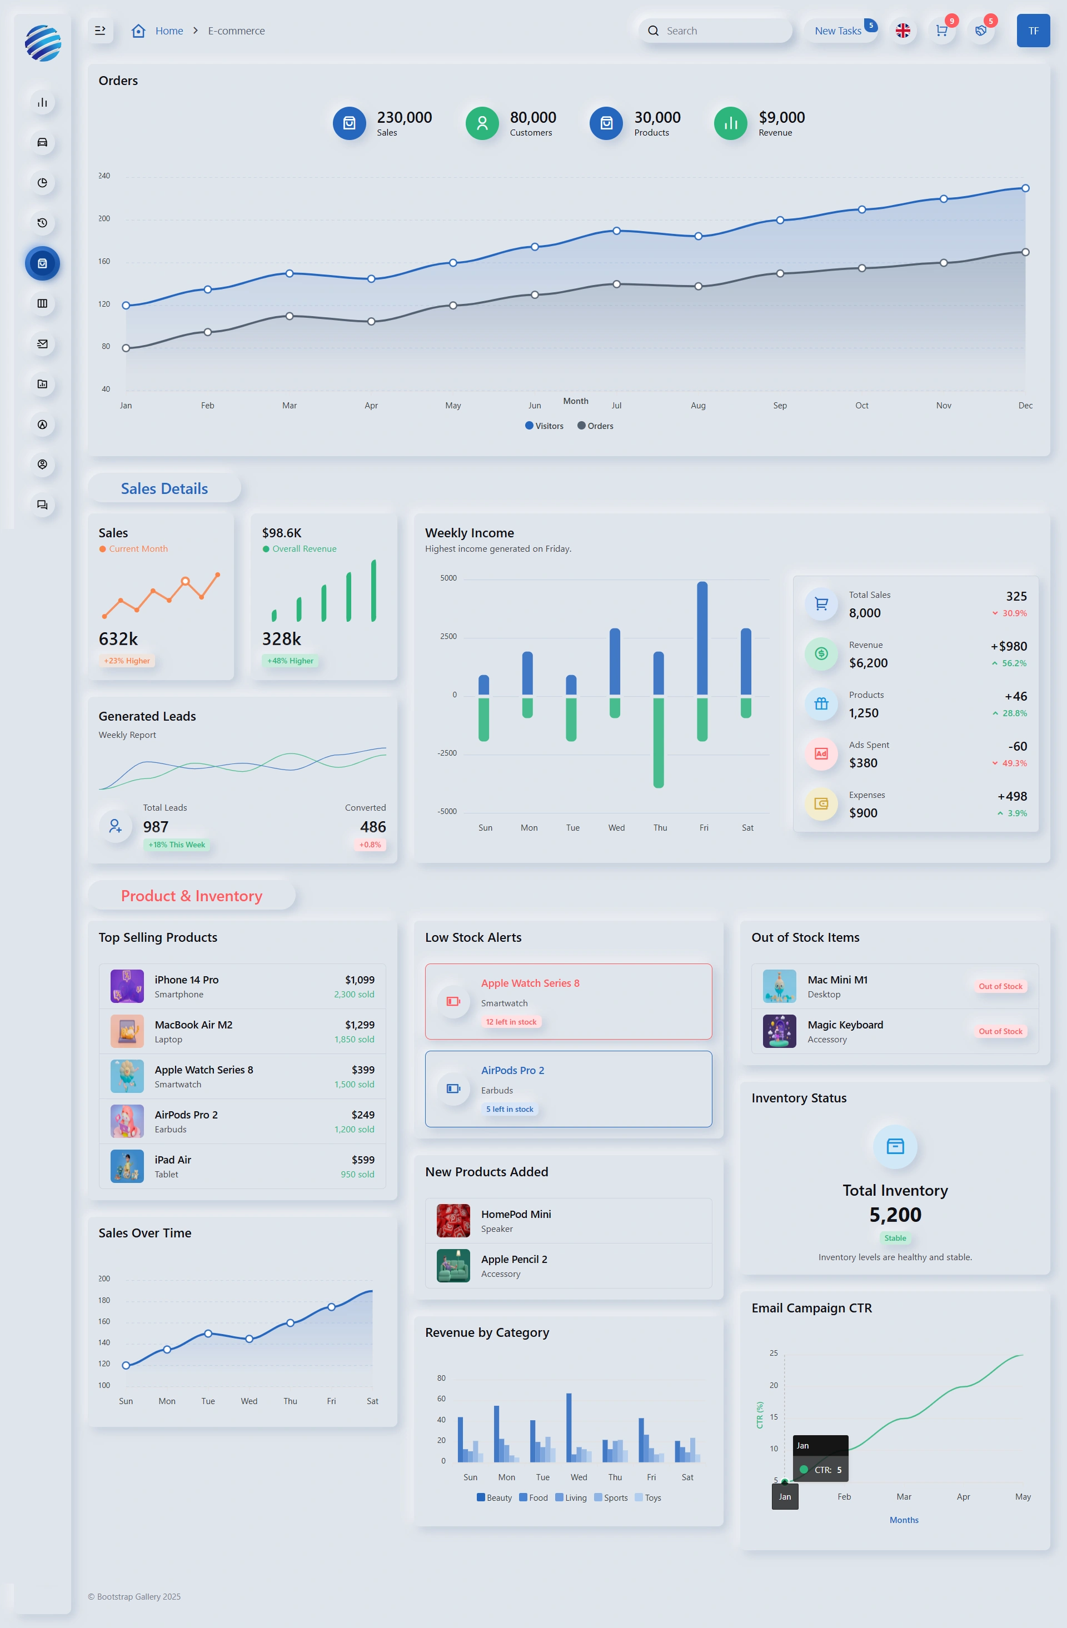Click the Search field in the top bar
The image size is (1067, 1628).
[x=715, y=31]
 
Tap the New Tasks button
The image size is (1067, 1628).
[x=839, y=31]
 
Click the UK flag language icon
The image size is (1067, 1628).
[x=903, y=31]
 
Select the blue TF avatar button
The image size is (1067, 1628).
[x=1033, y=31]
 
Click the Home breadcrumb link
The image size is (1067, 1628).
[x=169, y=31]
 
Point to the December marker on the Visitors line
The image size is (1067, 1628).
[x=1025, y=188]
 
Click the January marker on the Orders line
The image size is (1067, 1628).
[x=126, y=348]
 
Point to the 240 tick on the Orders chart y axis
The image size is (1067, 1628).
[x=104, y=176]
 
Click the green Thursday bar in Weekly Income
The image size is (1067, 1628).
[x=659, y=743]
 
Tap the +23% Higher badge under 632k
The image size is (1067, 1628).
[x=127, y=661]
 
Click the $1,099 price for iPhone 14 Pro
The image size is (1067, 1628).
[x=360, y=980]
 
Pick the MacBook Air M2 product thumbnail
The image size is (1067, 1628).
[x=127, y=1031]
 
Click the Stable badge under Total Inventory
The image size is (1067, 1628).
[x=895, y=1238]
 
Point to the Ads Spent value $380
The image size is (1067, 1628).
[x=863, y=763]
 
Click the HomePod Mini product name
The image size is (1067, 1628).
[x=516, y=1214]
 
